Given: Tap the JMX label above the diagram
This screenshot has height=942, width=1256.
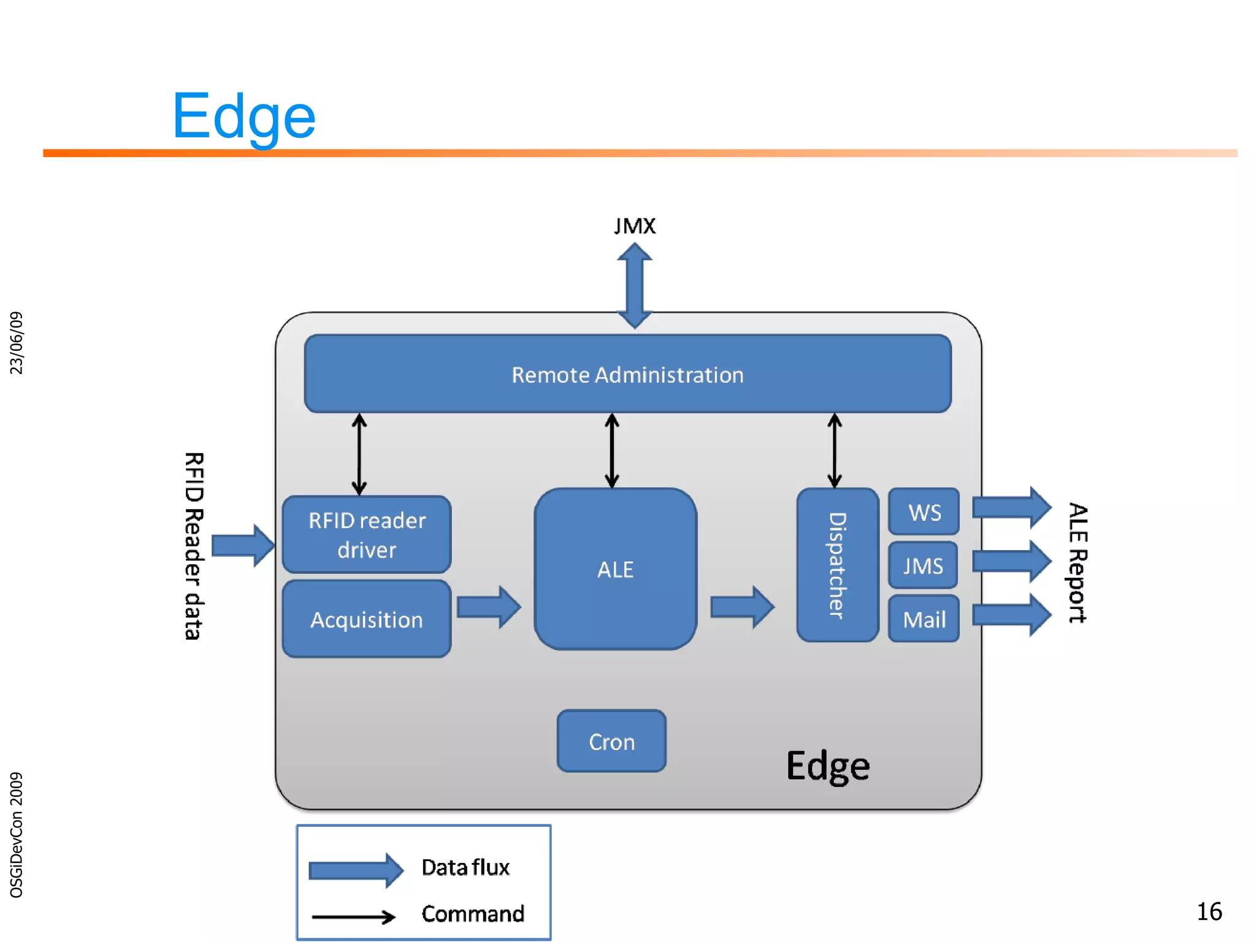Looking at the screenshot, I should click(x=635, y=226).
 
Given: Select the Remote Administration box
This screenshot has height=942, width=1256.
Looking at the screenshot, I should click(x=627, y=374).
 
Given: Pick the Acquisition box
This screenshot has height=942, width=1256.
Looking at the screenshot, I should click(x=367, y=619).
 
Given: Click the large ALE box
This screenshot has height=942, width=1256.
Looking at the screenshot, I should click(x=615, y=569).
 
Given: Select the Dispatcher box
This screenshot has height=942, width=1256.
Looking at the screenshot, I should click(x=837, y=565).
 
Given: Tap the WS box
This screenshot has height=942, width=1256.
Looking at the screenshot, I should click(x=924, y=512).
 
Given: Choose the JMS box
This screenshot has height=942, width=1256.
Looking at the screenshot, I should click(x=923, y=565).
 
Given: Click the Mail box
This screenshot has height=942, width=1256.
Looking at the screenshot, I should click(x=924, y=619).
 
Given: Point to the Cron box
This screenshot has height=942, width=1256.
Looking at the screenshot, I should click(x=611, y=741).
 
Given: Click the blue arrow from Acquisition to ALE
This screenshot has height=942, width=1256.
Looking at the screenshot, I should click(x=489, y=607).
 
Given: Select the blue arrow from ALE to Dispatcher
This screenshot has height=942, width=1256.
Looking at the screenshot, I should click(x=741, y=607).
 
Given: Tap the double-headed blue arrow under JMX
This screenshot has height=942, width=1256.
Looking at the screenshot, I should click(x=634, y=286).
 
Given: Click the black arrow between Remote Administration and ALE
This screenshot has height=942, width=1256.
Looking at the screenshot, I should click(x=611, y=451).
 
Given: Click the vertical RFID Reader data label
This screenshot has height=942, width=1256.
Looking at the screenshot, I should click(x=194, y=546).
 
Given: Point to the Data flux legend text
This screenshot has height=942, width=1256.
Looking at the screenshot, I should click(x=465, y=867).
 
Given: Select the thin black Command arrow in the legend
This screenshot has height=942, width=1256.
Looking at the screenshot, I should click(x=354, y=917).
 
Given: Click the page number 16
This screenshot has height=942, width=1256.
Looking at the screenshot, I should click(x=1209, y=912).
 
